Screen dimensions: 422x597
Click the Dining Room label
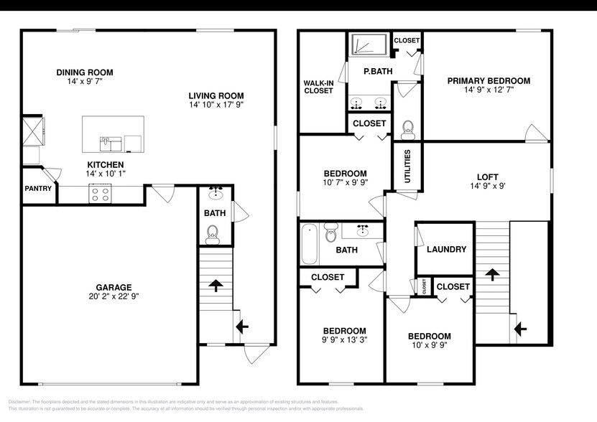[85, 72]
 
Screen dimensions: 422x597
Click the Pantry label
[37, 189]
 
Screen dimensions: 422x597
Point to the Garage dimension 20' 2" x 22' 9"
[109, 296]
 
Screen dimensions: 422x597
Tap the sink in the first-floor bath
[215, 194]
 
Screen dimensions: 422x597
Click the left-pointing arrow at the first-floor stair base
[242, 327]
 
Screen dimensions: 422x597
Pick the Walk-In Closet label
[318, 87]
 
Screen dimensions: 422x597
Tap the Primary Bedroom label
[489, 81]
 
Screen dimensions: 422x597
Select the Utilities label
[407, 167]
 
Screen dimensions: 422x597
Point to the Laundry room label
[446, 250]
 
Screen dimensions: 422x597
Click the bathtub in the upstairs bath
[310, 244]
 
